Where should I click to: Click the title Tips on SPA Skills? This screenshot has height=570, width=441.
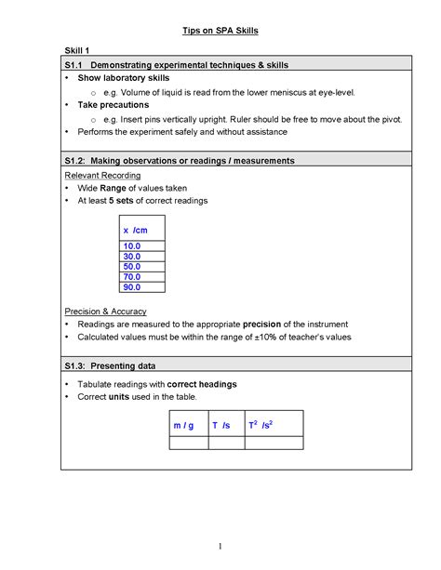[x=220, y=31]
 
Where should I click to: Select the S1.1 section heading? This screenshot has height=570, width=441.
[x=177, y=65]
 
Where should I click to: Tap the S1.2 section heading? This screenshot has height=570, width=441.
[x=180, y=161]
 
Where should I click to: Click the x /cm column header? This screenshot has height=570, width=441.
[x=135, y=230]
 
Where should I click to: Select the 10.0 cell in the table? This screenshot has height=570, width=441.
[x=131, y=246]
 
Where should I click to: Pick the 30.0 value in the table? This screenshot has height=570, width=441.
[x=131, y=257]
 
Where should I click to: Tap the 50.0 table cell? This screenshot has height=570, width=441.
[x=131, y=267]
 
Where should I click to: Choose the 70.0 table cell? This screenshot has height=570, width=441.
[x=131, y=277]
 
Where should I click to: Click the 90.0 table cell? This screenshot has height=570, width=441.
[x=131, y=287]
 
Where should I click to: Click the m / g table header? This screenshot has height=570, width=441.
[x=183, y=426]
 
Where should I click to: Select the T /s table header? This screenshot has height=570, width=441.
[x=220, y=426]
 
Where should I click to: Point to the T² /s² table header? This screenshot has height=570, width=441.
[x=260, y=425]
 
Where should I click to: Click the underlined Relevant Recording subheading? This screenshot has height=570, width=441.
[x=102, y=175]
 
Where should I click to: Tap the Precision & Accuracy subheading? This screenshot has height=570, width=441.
[x=105, y=311]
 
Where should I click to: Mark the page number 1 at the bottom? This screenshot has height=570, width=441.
[x=220, y=545]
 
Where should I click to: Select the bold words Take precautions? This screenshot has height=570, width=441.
[x=113, y=105]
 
